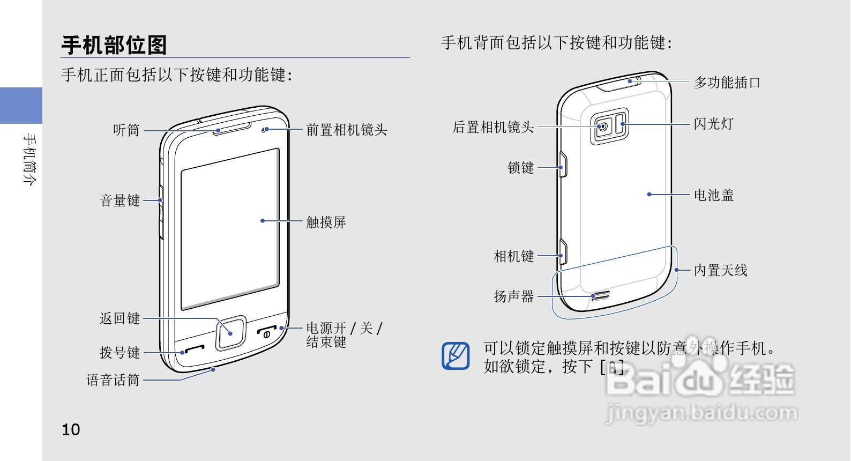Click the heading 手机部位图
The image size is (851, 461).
pos(114,45)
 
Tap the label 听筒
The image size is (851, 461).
pos(126,130)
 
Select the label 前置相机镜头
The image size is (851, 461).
pos(346,130)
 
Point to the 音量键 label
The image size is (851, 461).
pos(120,200)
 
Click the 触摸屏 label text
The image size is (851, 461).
pos(326,222)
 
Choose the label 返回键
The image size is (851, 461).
pos(120,318)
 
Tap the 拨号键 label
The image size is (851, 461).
pos(120,352)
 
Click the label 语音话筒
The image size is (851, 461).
pos(113,380)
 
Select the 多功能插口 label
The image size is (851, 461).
pos(727,83)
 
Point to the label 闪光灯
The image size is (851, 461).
pos(713,124)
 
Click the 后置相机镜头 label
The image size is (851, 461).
pos(493,127)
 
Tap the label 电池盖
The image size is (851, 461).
pos(713,195)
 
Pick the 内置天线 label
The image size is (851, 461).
pos(720,270)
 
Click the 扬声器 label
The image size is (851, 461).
pos(514,296)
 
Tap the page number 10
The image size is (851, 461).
pos(71,429)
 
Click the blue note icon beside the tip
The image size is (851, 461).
pos(456,355)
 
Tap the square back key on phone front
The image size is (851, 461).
pos(231,333)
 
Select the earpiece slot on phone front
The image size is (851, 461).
pos(232,129)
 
